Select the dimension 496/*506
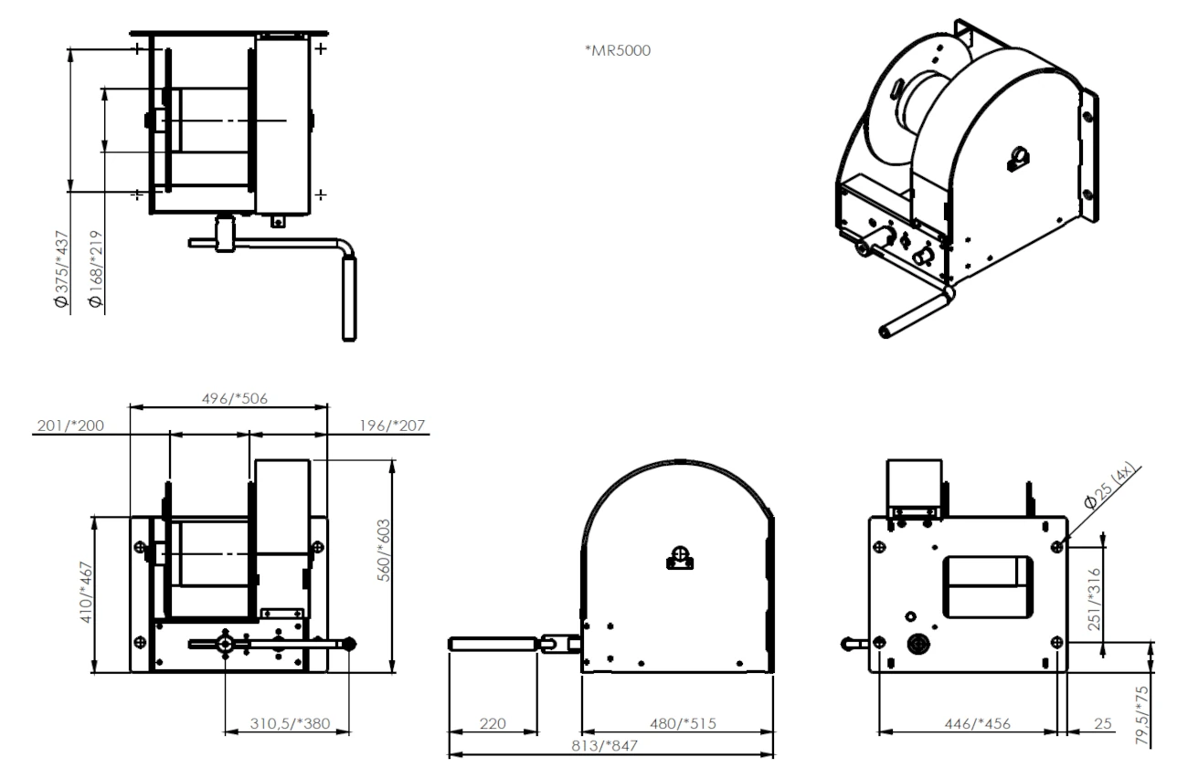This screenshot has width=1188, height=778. [x=228, y=397]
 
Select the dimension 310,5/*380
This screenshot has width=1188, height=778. [x=289, y=723]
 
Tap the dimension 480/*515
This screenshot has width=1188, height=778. [x=677, y=724]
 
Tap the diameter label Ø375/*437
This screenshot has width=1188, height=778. [x=61, y=268]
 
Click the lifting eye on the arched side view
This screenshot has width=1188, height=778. [x=679, y=557]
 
